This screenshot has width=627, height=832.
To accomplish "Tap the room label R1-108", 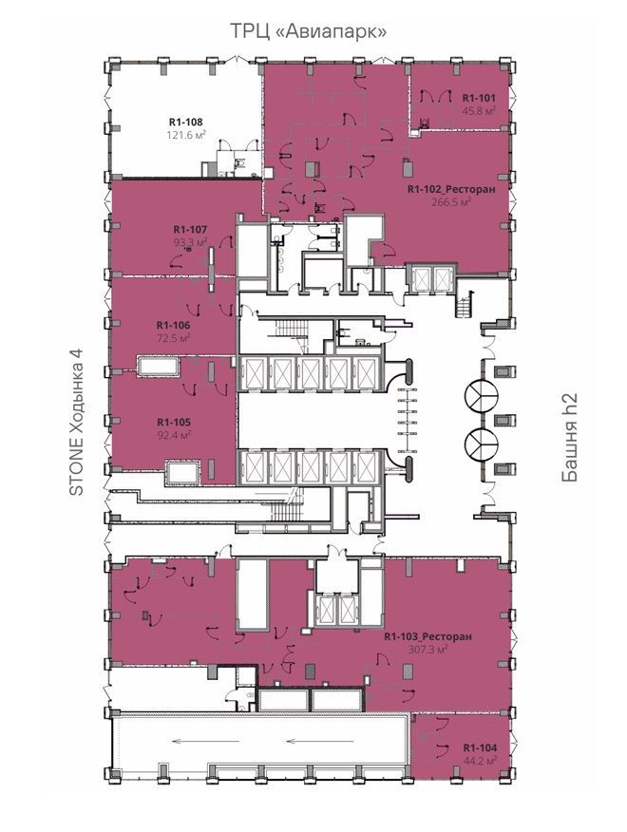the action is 186,122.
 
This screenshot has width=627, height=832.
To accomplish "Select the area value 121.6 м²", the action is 186,135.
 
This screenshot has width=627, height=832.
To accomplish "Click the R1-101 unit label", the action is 479,98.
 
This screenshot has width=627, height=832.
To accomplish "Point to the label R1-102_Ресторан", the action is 451,189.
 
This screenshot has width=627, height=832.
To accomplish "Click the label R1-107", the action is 190,230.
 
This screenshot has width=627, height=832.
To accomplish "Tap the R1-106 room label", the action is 173,325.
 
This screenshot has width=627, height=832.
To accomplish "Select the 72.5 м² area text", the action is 173,337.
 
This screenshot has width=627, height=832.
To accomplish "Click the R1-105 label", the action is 174,423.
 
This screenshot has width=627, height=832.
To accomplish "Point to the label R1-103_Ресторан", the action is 427,636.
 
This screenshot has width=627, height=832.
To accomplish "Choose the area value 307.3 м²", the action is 427,649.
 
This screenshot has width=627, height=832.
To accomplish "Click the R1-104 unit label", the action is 480,747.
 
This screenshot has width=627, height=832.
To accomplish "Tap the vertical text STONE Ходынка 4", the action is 78,423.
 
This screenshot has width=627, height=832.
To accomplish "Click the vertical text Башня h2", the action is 570,438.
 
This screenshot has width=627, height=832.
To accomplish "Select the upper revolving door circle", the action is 481,395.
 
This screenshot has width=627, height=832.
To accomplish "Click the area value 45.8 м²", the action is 479,110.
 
